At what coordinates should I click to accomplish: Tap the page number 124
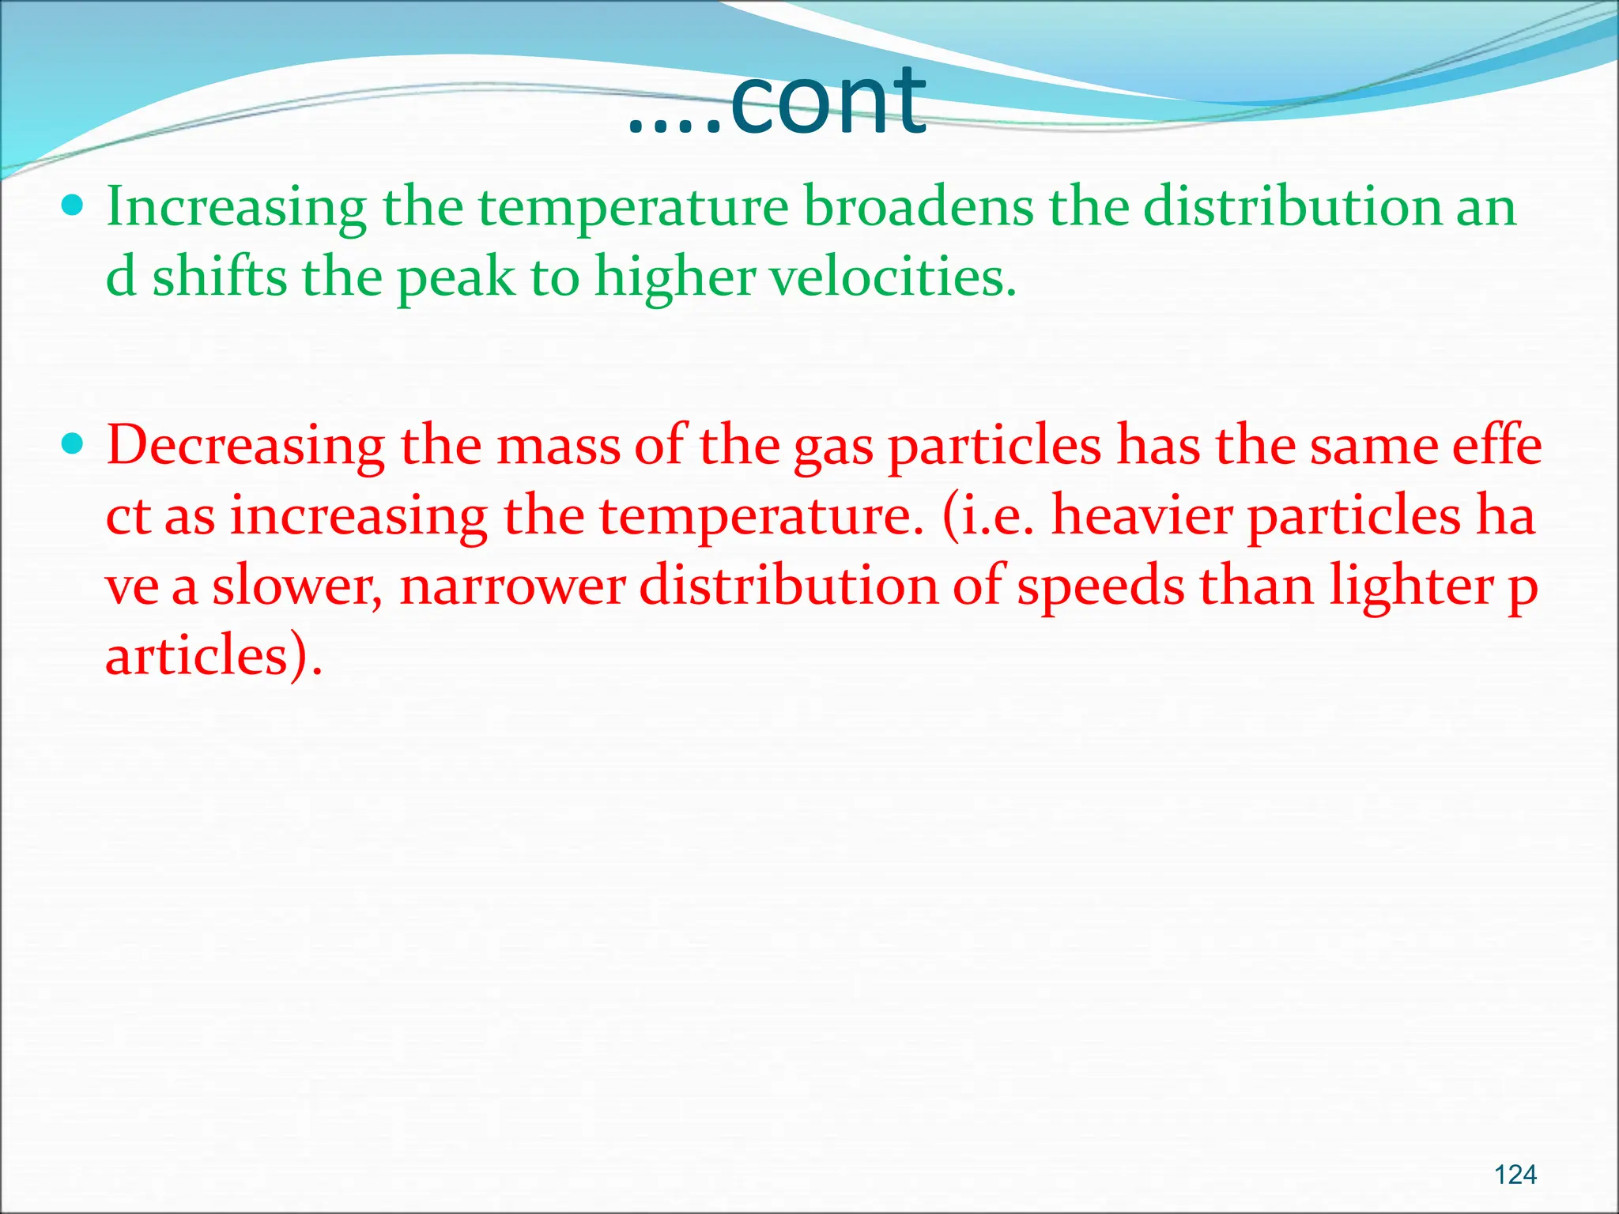(1515, 1174)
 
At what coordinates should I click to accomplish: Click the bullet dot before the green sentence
(72, 206)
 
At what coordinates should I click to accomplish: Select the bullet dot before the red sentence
(72, 444)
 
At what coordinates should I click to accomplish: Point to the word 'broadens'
(918, 207)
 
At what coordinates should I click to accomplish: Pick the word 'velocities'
(891, 277)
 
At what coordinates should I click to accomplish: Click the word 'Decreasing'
(245, 446)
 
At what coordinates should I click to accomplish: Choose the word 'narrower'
(512, 586)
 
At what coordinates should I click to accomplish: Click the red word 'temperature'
(760, 516)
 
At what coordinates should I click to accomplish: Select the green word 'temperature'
(633, 207)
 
